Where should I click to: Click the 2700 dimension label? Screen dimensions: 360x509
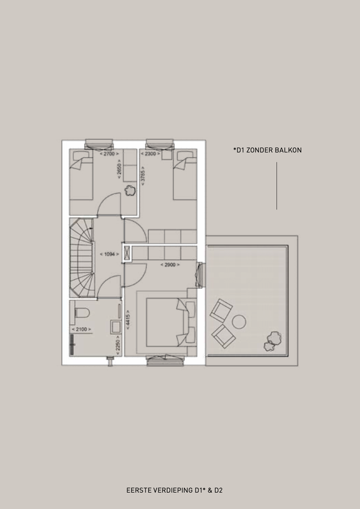[x=109, y=154]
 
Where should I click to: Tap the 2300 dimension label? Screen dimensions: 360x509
[x=150, y=154]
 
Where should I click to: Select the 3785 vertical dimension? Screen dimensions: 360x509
[x=143, y=176]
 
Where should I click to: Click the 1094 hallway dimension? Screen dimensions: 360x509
[x=109, y=254]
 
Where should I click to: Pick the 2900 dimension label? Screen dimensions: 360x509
[x=170, y=265]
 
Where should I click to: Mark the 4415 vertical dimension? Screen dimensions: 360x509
[x=128, y=320]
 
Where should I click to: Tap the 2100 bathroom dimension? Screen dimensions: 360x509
[x=81, y=330]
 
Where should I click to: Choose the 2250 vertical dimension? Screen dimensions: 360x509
[x=118, y=345]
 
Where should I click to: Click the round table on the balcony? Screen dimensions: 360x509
[x=239, y=322]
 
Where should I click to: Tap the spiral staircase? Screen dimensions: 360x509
[x=82, y=258]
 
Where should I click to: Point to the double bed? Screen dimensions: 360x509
[x=171, y=323]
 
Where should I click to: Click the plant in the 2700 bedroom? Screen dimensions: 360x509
[x=130, y=190]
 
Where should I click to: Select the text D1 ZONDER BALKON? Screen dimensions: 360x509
[x=269, y=150]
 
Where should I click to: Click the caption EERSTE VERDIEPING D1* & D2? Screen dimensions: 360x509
[x=175, y=490]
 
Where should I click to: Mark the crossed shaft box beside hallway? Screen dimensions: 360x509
[x=127, y=253]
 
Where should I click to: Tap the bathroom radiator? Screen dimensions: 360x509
[x=72, y=345]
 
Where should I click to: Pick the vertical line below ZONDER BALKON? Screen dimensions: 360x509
[x=277, y=186]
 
